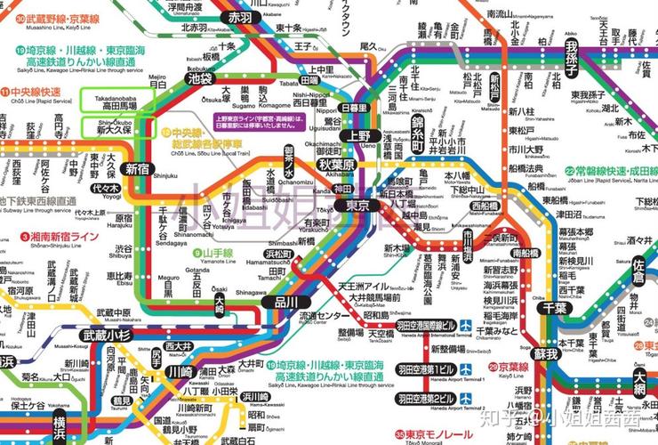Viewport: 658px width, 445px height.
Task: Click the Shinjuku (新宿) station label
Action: tap(137, 168)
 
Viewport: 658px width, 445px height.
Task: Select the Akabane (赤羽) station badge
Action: tap(240, 17)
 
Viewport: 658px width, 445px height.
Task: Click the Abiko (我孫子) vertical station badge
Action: tap(571, 56)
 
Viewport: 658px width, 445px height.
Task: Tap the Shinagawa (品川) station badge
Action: tap(287, 302)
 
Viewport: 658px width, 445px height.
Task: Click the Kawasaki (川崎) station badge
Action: tap(179, 371)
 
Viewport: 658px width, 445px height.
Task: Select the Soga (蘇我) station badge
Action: tap(545, 353)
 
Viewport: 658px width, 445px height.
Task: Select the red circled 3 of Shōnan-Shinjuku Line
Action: tap(25, 237)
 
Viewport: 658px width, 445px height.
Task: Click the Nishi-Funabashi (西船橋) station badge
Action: tap(485, 206)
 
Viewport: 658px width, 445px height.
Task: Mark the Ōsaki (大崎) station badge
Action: tap(219, 305)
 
